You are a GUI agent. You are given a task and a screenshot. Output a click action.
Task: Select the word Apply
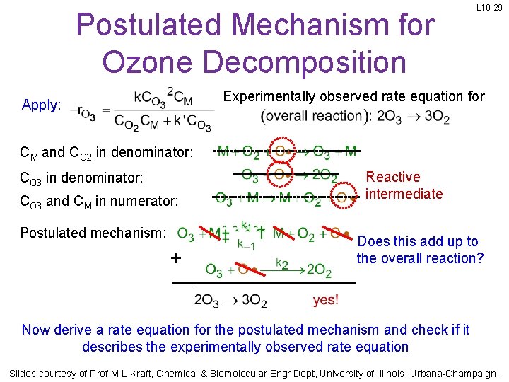point(40,105)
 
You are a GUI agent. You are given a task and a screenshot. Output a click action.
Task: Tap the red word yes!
point(325,300)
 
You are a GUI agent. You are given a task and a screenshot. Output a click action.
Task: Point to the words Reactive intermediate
point(404,185)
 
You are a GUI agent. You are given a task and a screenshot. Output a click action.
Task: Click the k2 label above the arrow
point(281,263)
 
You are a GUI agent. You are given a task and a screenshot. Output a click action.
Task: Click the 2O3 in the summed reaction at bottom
point(207,301)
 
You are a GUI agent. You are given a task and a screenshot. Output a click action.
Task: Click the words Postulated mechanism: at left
point(93,233)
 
